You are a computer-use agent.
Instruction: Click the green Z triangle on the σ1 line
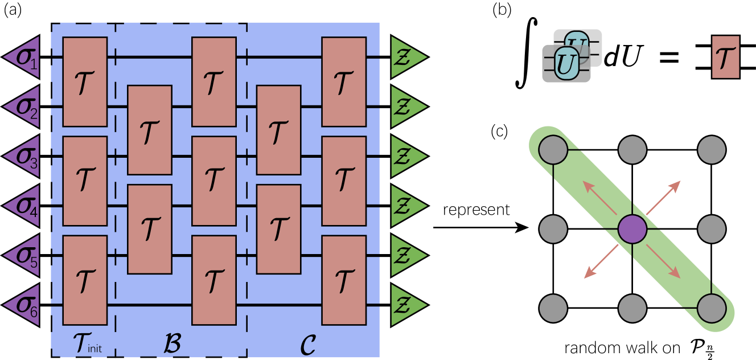click(406, 57)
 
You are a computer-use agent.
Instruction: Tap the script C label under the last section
click(307, 343)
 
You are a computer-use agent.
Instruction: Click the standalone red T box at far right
click(725, 57)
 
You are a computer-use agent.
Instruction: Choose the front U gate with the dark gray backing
click(566, 64)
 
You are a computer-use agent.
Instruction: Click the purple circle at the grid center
click(632, 230)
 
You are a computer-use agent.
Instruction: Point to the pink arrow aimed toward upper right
click(664, 197)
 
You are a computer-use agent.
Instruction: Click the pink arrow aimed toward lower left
click(601, 262)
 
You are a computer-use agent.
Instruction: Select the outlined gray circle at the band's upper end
click(553, 150)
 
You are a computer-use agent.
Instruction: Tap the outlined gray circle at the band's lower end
click(712, 309)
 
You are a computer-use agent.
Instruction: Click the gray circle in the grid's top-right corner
click(712, 150)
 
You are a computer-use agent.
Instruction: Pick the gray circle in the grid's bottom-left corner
click(553, 309)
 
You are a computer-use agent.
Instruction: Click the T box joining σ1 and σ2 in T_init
click(85, 81)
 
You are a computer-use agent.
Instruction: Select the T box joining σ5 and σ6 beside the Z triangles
click(344, 280)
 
